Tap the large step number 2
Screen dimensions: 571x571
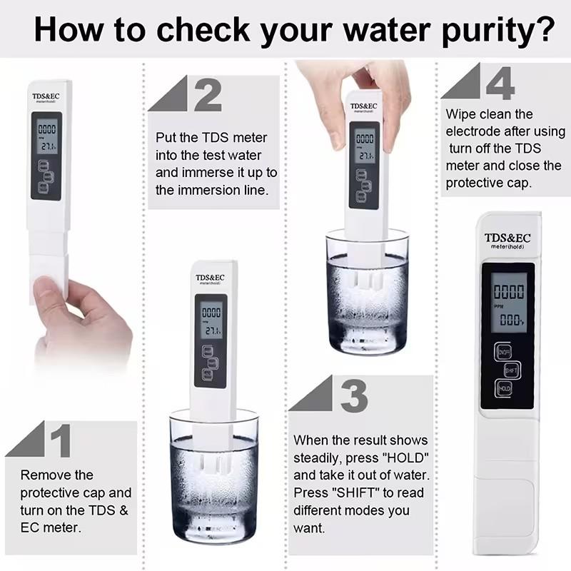[208, 95]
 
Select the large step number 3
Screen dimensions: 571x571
[354, 395]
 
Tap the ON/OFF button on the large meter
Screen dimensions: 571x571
[504, 352]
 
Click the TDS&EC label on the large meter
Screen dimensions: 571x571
[507, 238]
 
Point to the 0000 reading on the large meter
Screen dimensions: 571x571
[509, 291]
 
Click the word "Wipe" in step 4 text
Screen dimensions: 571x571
[462, 114]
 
